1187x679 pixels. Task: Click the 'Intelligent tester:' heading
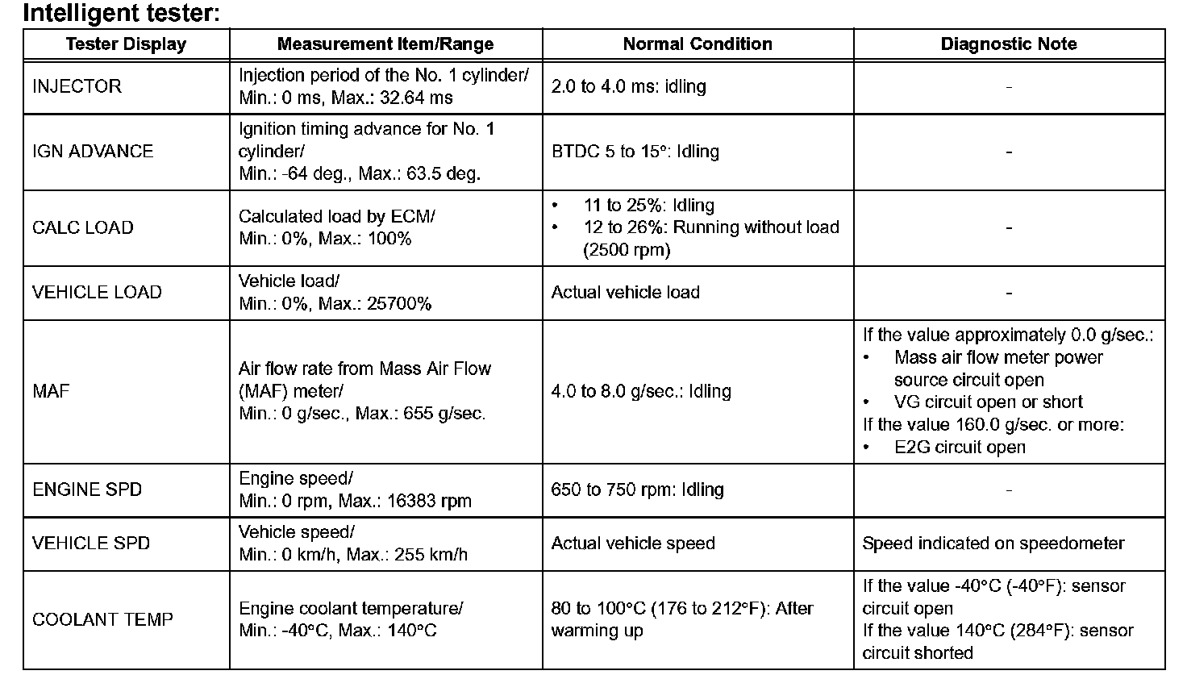[x=121, y=13]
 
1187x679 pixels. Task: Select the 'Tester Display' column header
[x=126, y=44]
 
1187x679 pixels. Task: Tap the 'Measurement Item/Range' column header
[x=385, y=44]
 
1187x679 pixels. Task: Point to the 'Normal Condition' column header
[x=698, y=44]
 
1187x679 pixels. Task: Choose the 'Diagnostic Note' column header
[x=1009, y=44]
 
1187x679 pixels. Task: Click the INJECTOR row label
[x=77, y=86]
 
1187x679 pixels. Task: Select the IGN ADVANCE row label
[x=93, y=152]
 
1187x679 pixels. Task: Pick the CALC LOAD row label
[x=82, y=227]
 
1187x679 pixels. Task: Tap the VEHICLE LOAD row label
[x=97, y=293]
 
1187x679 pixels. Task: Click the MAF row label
[x=51, y=391]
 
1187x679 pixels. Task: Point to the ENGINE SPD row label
[x=87, y=489]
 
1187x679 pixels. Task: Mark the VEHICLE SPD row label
[x=91, y=544]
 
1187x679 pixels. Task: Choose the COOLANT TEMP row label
[x=102, y=619]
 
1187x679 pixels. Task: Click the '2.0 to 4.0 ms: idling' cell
[x=628, y=86]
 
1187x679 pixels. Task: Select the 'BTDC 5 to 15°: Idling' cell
[x=635, y=152]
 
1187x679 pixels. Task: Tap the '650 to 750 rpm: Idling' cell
[x=637, y=489]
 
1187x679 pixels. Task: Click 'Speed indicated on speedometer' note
[x=993, y=544]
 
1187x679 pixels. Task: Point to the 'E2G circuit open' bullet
[x=960, y=448]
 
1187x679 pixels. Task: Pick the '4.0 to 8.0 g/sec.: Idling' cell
[x=641, y=391]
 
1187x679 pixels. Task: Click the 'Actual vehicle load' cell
[x=625, y=293]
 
